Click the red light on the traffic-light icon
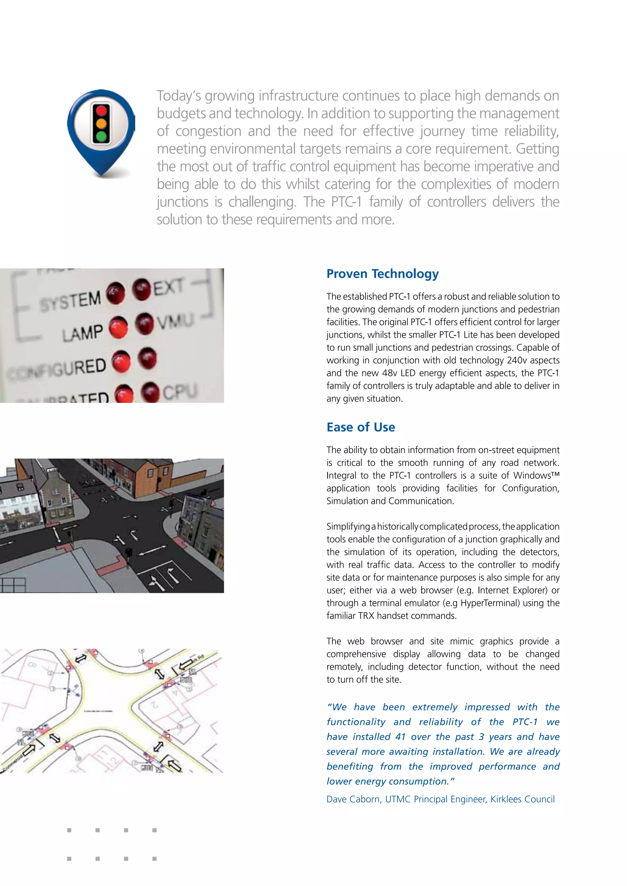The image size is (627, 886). pos(101,111)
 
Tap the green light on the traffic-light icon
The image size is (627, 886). pos(101,136)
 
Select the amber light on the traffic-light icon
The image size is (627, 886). pos(101,124)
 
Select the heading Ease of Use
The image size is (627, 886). pos(361,427)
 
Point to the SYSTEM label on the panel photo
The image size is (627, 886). pos(70,301)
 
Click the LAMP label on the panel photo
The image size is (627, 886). pos(83,333)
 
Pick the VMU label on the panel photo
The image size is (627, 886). pos(175,321)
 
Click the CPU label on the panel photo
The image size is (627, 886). pos(180,392)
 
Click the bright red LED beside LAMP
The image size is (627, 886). pos(118,328)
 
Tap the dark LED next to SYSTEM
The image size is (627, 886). pos(115,293)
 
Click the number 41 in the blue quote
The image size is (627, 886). pos(400,737)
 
